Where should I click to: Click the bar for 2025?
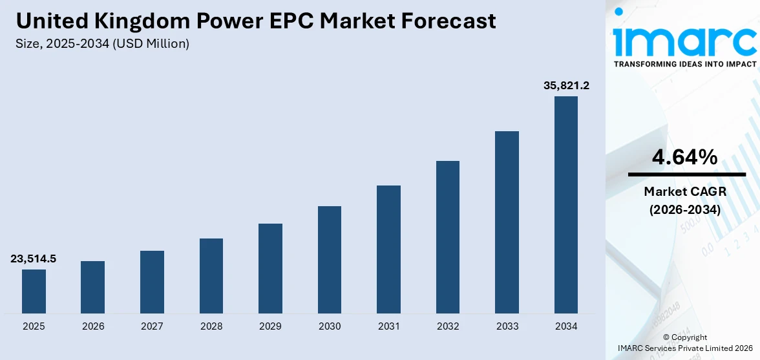coord(34,291)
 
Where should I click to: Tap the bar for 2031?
coord(388,249)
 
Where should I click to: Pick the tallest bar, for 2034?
coord(566,205)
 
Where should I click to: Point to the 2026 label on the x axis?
coord(93,326)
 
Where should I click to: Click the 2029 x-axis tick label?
coord(270,326)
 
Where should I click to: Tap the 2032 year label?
coord(448,326)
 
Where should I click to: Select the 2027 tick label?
coord(152,326)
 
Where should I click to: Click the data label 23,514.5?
coord(34,259)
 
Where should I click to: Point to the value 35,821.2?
coord(566,85)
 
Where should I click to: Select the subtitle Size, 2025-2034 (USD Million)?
coord(103,43)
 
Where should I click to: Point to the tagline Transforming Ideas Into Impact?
coord(684,64)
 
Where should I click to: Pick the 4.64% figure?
coord(684,157)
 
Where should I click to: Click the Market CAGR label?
coord(684,191)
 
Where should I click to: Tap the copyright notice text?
coord(684,343)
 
